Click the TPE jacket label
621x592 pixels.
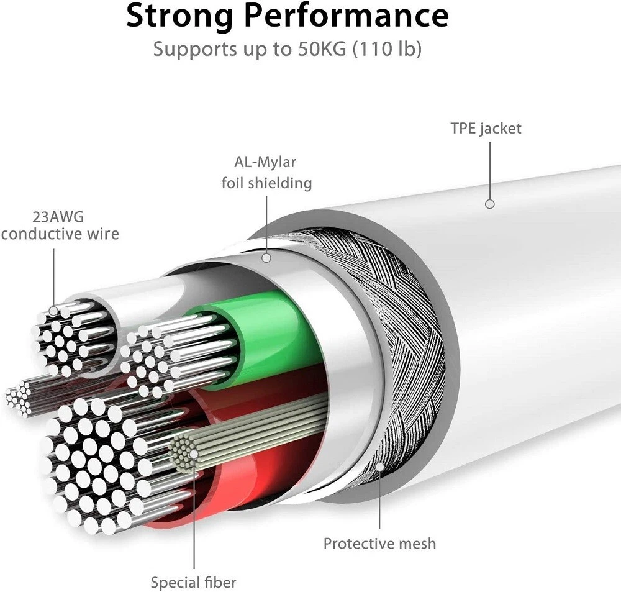pos(486,129)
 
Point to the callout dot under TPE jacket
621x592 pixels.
pos(490,204)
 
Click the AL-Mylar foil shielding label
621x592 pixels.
pos(266,173)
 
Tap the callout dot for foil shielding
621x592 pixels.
pos(266,257)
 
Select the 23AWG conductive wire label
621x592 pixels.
pos(60,226)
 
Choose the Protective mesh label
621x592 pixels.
pos(379,544)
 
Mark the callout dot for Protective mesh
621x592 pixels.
pos(379,465)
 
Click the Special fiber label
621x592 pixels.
pos(193,583)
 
